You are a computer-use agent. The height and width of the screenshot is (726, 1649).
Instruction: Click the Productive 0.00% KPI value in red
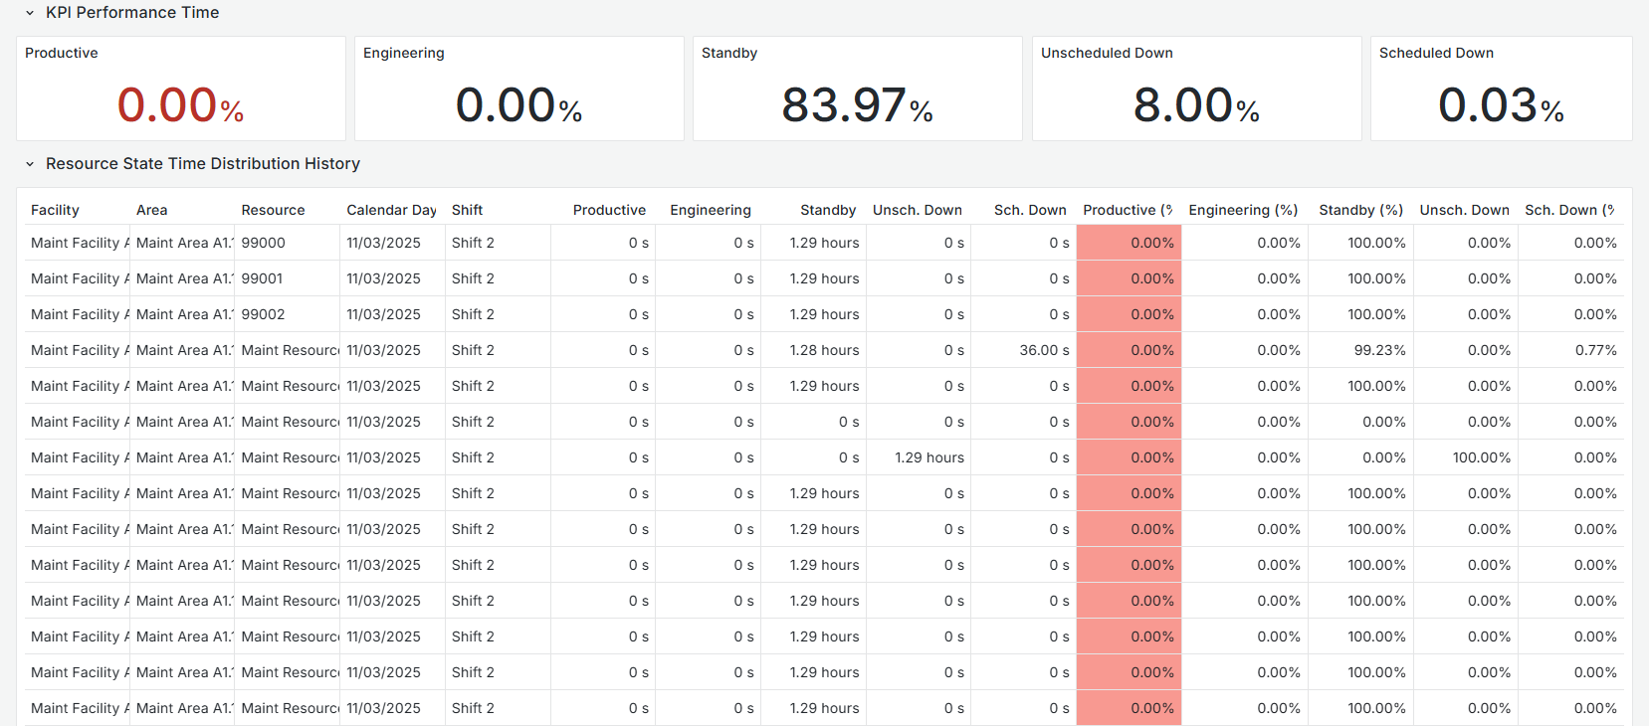(180, 105)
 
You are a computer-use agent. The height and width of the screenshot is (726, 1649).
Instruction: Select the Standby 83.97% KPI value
(857, 105)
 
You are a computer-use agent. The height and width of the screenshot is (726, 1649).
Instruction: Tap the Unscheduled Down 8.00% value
(1196, 105)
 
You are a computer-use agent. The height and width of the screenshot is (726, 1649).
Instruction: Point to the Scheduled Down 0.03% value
(1501, 105)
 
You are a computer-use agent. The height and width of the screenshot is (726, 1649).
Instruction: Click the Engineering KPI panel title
(404, 53)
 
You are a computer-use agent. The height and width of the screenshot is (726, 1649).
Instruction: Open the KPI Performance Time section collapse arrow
(30, 13)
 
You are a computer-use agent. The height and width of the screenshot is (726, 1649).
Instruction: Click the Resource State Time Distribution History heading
(202, 163)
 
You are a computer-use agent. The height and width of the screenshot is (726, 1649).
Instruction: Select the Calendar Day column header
(391, 210)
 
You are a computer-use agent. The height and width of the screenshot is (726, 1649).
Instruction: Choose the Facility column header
(55, 210)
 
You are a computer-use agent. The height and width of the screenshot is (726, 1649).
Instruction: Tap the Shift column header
(467, 210)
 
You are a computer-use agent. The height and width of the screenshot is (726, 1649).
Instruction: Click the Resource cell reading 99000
(263, 243)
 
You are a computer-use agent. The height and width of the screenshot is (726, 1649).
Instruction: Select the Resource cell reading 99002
(263, 314)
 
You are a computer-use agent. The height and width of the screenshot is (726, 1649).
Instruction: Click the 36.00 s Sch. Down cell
(1044, 350)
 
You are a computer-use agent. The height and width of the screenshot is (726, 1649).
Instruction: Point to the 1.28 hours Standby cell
(824, 350)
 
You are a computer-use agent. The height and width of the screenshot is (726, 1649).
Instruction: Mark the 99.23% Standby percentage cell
(1379, 350)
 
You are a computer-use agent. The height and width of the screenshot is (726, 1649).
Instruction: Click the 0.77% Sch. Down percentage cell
(1595, 350)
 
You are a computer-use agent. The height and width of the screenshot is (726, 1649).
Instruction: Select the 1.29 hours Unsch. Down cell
(928, 457)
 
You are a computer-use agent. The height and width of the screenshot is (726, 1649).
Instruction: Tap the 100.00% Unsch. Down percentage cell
(1481, 457)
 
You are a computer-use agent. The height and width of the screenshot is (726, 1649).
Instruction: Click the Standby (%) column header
(1360, 210)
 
